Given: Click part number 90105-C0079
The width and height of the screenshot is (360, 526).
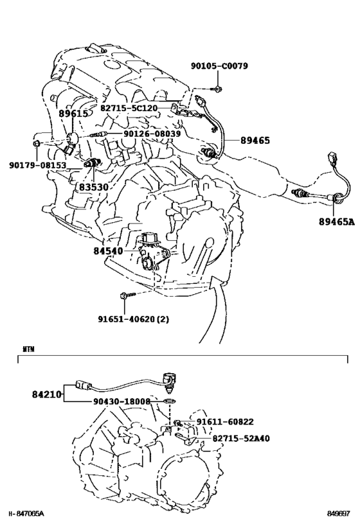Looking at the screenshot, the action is (219, 66).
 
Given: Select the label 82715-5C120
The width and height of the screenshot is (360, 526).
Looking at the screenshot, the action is (129, 108).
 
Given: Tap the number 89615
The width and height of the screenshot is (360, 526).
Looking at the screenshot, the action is (73, 114).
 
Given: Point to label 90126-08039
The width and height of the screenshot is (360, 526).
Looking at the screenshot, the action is (152, 134).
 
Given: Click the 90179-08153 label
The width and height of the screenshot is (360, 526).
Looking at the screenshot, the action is (38, 165).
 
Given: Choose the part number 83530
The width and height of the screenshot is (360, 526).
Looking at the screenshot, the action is (94, 187).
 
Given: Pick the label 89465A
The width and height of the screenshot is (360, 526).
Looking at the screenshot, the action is (336, 222).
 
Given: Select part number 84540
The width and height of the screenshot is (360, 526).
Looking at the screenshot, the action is (109, 250).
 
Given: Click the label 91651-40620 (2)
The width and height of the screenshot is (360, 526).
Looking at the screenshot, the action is (134, 319).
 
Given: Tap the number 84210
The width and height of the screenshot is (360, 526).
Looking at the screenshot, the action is (47, 394).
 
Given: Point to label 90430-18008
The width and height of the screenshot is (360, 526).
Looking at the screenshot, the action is (122, 401).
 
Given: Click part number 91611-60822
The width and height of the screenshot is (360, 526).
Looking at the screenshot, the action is (225, 422).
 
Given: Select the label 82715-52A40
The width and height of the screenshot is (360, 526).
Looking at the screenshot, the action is (241, 438).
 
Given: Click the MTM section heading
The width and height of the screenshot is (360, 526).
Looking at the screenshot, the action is (28, 349).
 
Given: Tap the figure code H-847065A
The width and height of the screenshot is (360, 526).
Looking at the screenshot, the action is (26, 514).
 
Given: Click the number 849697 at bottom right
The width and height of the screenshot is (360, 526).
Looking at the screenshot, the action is (339, 514).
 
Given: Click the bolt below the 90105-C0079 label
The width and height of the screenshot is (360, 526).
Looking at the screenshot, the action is (217, 89).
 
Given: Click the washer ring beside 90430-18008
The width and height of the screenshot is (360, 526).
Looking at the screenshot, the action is (170, 401).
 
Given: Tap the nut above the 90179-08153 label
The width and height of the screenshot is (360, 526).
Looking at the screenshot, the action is (37, 144).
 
